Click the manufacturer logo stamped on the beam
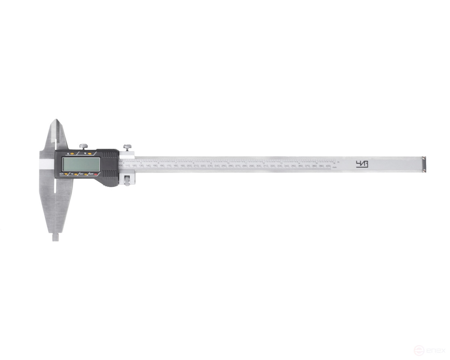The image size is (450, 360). click(362, 164)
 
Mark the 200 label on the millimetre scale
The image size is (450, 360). click(189, 166)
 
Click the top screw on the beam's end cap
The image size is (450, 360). click(423, 158)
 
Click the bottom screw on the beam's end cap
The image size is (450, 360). click(423, 171)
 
